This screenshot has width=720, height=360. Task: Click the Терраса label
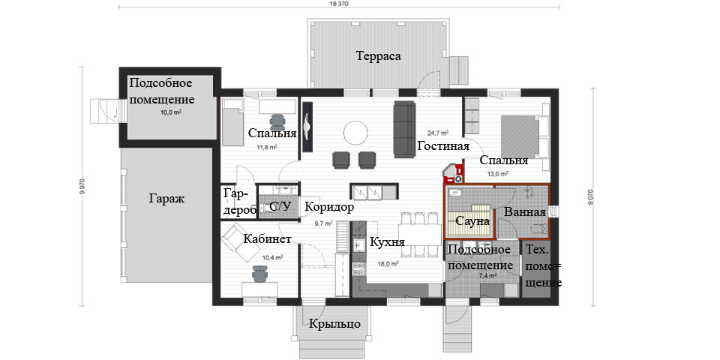point(378,56)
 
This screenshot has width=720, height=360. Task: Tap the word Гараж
point(166,199)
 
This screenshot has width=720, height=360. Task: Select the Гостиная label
point(443,146)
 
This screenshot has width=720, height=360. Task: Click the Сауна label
point(472,221)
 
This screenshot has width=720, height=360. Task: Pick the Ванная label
point(525,212)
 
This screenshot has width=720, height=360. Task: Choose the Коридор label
point(330,207)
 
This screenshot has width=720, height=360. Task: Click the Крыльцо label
point(334,324)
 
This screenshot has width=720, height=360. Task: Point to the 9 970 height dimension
point(83,186)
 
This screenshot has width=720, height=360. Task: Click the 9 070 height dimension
point(595,196)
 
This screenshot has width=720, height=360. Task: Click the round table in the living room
point(355,133)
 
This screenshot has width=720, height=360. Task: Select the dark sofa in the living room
point(404,130)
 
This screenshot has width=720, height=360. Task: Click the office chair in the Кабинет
point(259,274)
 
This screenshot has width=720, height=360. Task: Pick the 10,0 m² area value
point(170,112)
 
